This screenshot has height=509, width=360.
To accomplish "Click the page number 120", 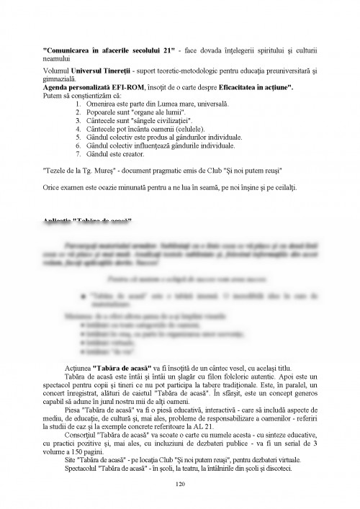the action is [180, 484].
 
